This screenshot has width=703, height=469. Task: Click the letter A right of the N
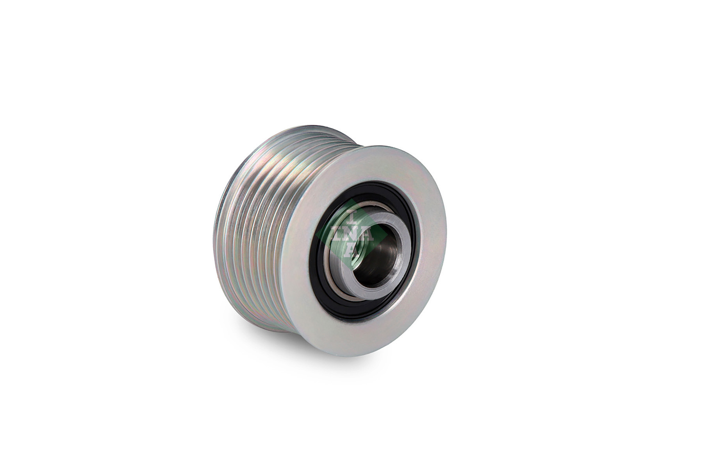(367, 234)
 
